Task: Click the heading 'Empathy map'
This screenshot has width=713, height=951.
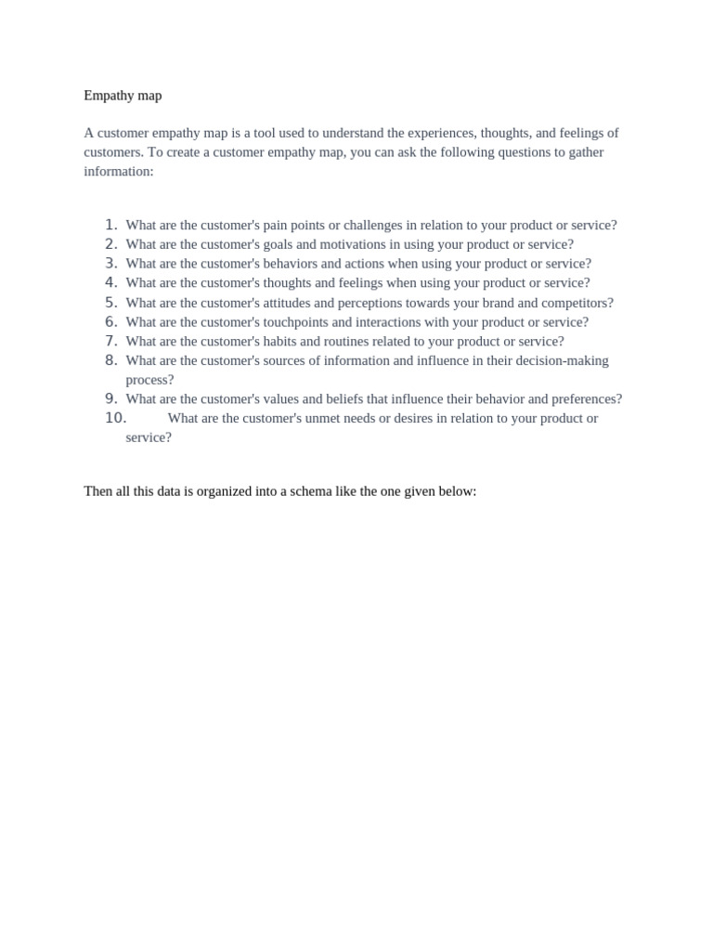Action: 123,96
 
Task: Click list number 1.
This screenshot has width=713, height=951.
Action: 111,225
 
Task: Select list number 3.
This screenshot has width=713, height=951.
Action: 111,264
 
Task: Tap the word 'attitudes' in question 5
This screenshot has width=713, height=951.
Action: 296,303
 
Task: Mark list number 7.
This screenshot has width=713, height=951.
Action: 111,341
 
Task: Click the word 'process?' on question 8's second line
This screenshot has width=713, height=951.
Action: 149,380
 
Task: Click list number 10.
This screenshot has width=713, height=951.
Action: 115,418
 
